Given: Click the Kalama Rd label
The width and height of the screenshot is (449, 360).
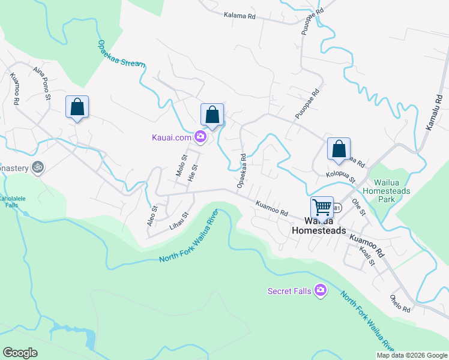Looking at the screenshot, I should click(240, 16).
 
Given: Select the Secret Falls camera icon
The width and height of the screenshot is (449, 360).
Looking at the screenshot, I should click(321, 291).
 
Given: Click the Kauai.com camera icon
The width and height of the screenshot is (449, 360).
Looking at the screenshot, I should click(200, 137).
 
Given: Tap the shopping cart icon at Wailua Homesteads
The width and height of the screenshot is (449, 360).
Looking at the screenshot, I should click(322, 208).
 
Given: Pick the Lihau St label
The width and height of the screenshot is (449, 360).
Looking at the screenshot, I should click(179, 218).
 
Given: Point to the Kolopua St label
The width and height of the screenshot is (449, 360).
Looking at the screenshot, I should click(341, 177).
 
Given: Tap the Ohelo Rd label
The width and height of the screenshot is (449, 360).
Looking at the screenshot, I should click(399, 304).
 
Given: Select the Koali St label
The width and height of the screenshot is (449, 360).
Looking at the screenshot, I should click(367, 256).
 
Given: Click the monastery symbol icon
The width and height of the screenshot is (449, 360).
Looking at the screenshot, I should click(37, 168).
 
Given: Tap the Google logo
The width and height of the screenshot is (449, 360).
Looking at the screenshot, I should click(20, 353).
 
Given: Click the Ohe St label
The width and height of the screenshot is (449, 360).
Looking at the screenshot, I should click(359, 207).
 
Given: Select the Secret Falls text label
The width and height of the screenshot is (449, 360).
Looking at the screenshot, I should click(289, 292).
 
